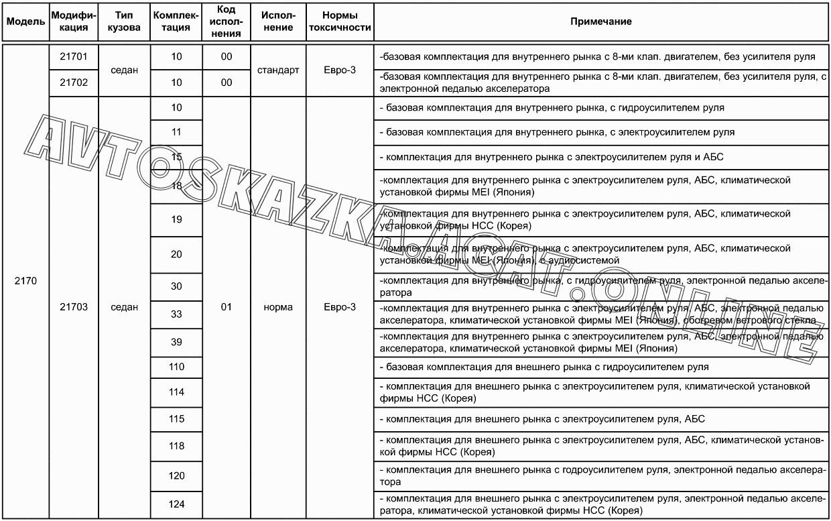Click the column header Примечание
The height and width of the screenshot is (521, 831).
tap(600, 21)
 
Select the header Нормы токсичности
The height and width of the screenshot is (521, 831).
tap(338, 21)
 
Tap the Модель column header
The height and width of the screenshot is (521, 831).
tap(25, 21)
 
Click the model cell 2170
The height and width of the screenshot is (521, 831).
tap(25, 281)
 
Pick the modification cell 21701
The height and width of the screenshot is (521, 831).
tap(74, 57)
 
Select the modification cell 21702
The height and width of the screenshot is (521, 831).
tap(74, 82)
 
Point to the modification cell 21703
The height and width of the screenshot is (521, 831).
tap(74, 307)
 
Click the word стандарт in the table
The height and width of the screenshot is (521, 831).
tap(278, 70)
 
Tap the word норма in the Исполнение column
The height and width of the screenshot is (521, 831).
tap(278, 307)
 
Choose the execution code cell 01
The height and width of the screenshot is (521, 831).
tap(227, 307)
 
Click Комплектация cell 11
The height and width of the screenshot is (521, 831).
tap(176, 132)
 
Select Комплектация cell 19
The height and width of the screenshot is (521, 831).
tap(176, 219)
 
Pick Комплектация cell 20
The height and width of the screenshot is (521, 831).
tap(176, 254)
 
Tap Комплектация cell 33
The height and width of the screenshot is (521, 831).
tap(176, 314)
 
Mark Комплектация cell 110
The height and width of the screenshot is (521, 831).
tap(176, 367)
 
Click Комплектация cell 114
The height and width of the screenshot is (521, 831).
tap(176, 392)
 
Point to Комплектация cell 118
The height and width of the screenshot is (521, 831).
tap(176, 446)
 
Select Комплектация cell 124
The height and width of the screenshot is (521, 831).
tap(176, 504)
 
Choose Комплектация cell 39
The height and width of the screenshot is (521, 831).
tap(176, 342)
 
